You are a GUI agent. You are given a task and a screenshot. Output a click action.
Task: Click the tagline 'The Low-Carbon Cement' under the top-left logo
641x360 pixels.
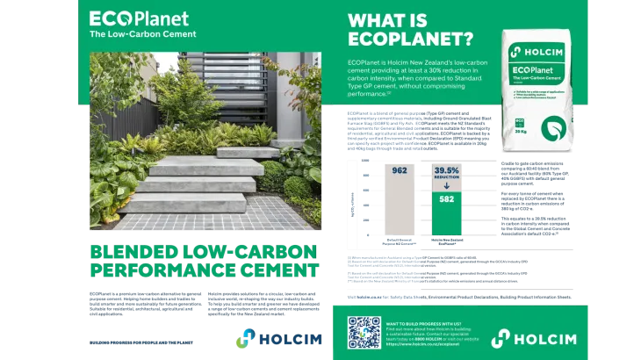click(143, 34)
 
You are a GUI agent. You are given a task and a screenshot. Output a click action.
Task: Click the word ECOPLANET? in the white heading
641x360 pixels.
click(410, 40)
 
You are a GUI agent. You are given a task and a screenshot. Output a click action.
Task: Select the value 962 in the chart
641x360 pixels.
click(400, 171)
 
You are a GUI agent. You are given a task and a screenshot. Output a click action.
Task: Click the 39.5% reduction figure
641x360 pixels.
click(447, 169)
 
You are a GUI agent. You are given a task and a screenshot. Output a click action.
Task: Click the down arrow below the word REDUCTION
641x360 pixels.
click(447, 186)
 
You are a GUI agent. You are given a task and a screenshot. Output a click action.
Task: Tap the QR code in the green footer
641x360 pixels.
click(364, 333)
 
